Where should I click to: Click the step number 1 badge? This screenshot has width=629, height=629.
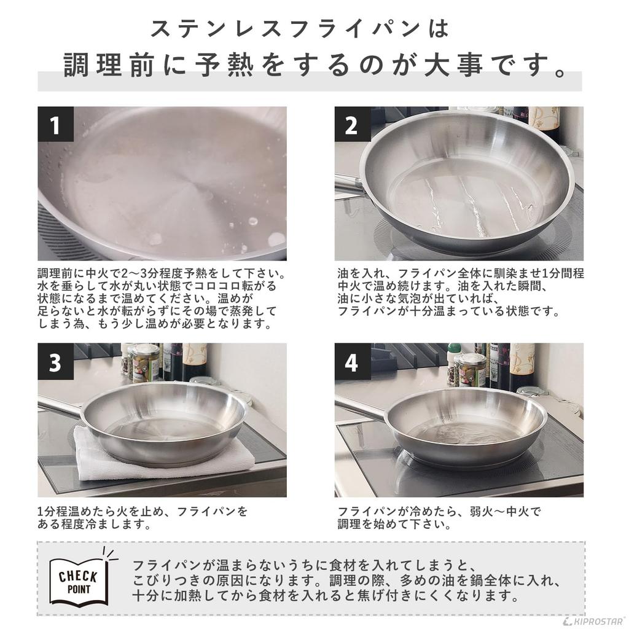pos(55,125)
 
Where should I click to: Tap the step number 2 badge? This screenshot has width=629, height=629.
pos(352,125)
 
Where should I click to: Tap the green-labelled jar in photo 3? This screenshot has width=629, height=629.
pos(146,362)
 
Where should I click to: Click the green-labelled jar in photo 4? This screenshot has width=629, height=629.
pos(472,369)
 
